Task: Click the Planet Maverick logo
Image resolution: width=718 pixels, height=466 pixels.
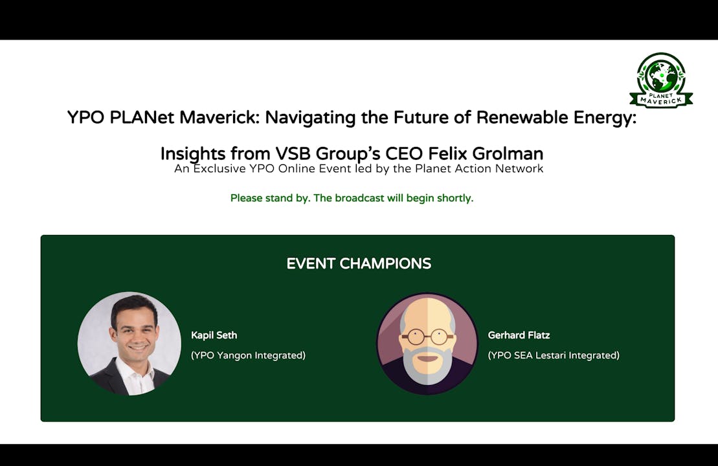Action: (x=660, y=80)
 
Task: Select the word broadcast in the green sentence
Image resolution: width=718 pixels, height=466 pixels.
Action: (x=360, y=198)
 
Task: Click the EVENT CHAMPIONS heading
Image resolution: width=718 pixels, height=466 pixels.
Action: (x=359, y=263)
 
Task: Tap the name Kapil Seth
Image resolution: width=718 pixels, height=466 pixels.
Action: (x=214, y=335)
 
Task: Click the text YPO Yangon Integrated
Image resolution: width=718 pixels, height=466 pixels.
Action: (x=248, y=355)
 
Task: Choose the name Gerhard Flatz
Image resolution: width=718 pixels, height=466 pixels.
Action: (x=519, y=335)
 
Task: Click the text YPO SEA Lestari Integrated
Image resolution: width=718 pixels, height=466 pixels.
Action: (x=554, y=355)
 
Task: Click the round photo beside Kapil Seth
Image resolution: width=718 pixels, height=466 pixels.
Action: (x=129, y=343)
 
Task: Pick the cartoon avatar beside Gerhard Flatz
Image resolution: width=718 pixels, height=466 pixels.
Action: (x=427, y=343)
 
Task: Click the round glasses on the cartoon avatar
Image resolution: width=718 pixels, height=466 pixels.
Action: (x=427, y=337)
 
